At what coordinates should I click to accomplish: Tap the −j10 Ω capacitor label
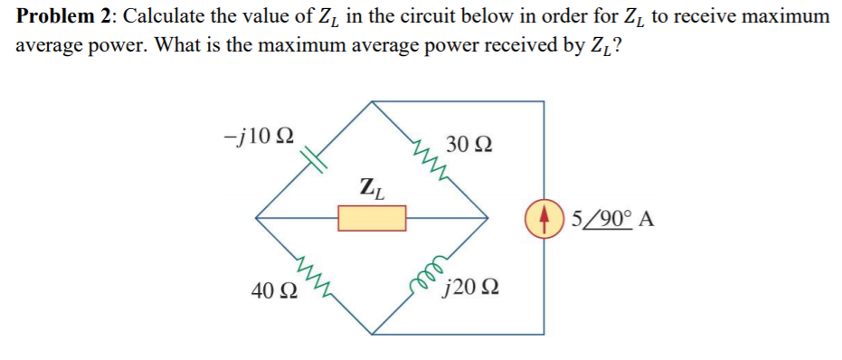[x=258, y=137]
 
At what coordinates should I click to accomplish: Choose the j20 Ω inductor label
[x=469, y=289]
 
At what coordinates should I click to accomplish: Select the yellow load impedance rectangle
[x=372, y=217]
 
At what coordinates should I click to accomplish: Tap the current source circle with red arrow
[x=544, y=218]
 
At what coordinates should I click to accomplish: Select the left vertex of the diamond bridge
[x=256, y=217]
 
